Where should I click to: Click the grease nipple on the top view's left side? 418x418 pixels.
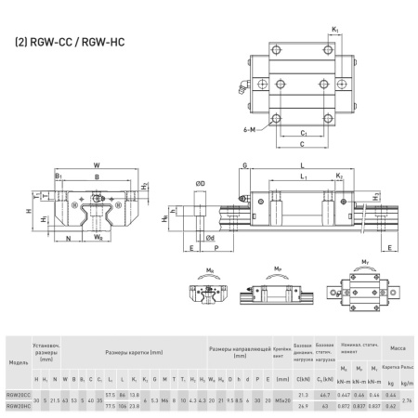coord(245,90)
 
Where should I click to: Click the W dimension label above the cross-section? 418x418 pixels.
coord(98,168)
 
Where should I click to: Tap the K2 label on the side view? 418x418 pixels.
coord(340,176)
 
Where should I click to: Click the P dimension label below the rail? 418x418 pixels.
coord(216,249)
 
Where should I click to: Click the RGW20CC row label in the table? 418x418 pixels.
coord(17,395)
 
